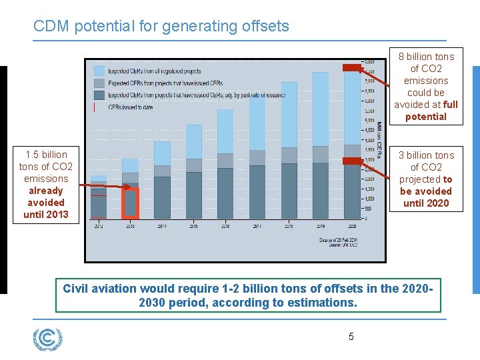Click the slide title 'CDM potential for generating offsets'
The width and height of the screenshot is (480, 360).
[x=161, y=27]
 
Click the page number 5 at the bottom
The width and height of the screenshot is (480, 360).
[x=351, y=337]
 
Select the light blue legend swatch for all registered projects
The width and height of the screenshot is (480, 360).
[x=99, y=71]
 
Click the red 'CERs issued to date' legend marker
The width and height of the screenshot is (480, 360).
[x=95, y=107]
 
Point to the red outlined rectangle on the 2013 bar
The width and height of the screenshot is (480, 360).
[x=131, y=204]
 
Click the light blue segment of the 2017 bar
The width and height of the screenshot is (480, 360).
[x=257, y=124]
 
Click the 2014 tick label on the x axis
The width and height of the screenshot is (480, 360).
[x=162, y=227]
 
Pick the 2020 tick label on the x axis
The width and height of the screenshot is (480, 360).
[x=352, y=227]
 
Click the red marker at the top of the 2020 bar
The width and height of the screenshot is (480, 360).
[x=351, y=67]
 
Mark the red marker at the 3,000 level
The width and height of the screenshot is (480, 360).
[x=351, y=161]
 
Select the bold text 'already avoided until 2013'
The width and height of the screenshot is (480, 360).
[x=46, y=202]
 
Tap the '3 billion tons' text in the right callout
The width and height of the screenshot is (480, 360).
[x=426, y=155]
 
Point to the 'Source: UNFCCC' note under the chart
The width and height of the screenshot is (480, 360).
[x=344, y=245]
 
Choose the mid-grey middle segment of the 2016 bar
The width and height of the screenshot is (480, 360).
[x=225, y=161]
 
